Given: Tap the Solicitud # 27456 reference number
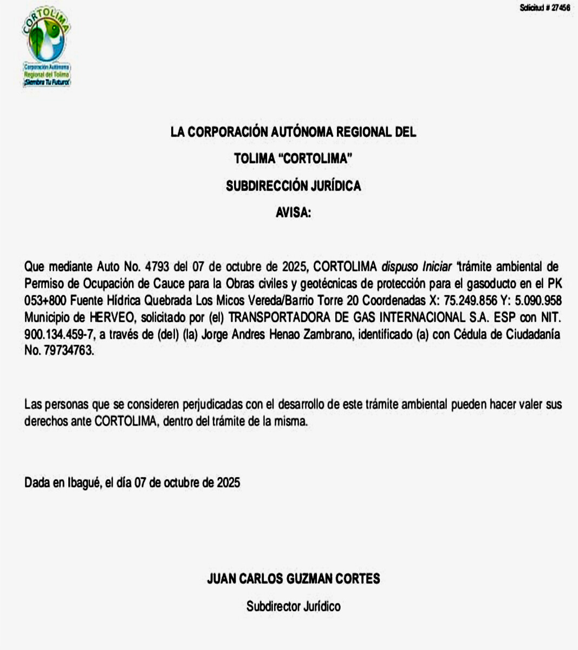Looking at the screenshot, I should coord(544,8).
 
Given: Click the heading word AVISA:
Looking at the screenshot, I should coord(294,213).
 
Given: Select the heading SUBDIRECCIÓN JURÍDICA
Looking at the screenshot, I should coord(293,186).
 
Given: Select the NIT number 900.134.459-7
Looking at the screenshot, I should coord(59,334).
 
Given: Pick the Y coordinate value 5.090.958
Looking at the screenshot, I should coord(538,300).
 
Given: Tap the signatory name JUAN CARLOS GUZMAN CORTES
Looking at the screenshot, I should coord(293,578).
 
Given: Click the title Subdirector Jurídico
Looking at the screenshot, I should coord(293,606).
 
